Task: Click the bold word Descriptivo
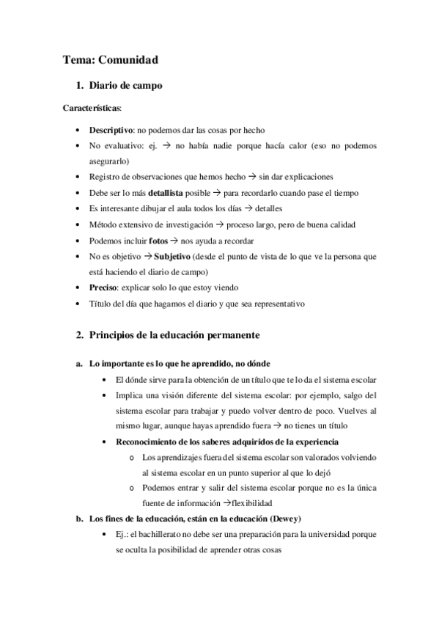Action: pyautogui.click(x=111, y=129)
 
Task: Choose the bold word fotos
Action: pyautogui.click(x=158, y=241)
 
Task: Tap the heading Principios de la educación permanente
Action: pyautogui.click(x=172, y=335)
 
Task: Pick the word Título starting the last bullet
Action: pyautogui.click(x=101, y=304)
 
